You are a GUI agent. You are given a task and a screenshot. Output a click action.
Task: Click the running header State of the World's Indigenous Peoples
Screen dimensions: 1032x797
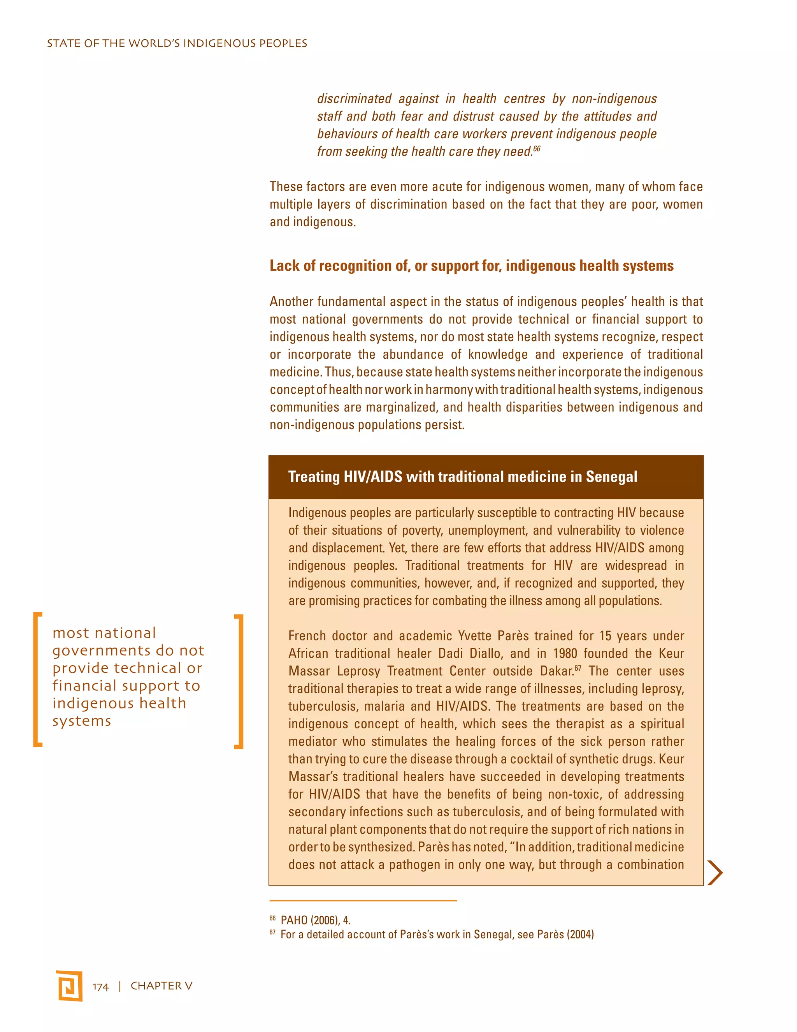pos(177,44)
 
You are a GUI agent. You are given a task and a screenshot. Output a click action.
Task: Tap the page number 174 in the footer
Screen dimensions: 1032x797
pos(100,987)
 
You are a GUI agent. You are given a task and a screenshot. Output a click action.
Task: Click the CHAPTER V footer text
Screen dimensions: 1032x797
pos(162,986)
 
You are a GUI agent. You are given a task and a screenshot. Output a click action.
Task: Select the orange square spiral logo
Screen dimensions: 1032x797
pos(69,986)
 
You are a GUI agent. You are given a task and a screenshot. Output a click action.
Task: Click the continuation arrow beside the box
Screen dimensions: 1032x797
pos(715,872)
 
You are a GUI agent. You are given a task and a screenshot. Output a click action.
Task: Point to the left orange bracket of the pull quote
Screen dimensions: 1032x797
pos(37,680)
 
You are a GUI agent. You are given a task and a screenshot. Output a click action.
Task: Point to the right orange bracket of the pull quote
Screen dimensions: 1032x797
pos(239,682)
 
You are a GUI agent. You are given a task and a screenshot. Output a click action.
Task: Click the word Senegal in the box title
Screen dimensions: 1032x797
pos(611,477)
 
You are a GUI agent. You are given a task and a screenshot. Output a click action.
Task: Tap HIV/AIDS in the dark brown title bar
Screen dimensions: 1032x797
pos(373,477)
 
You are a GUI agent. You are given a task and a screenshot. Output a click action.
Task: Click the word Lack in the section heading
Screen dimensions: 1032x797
pos(285,266)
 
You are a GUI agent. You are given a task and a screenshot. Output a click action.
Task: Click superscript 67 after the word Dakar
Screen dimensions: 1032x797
pos(578,668)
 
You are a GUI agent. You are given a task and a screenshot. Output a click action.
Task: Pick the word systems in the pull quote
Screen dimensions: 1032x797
pos(82,721)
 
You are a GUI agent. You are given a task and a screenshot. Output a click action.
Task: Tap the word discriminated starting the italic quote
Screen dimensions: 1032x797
pos(354,99)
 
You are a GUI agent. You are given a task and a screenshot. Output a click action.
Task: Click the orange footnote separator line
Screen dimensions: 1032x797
pos(363,901)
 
